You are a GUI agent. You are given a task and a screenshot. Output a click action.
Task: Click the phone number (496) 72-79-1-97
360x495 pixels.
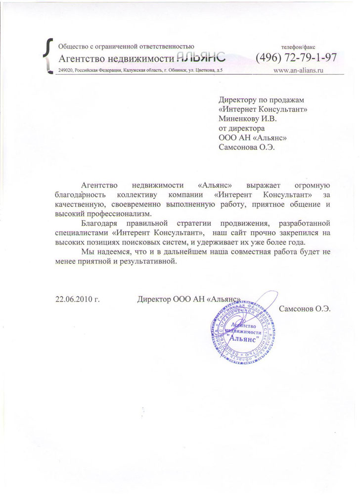coord(296,57)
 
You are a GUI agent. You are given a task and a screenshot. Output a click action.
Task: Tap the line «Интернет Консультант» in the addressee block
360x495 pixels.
coord(262,109)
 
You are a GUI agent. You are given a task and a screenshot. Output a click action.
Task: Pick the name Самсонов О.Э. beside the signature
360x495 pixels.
coord(305,308)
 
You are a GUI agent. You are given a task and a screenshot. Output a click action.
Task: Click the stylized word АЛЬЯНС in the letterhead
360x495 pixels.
coord(203,57)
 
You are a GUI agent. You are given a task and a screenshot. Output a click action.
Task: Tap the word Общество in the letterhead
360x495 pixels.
coord(73,47)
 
